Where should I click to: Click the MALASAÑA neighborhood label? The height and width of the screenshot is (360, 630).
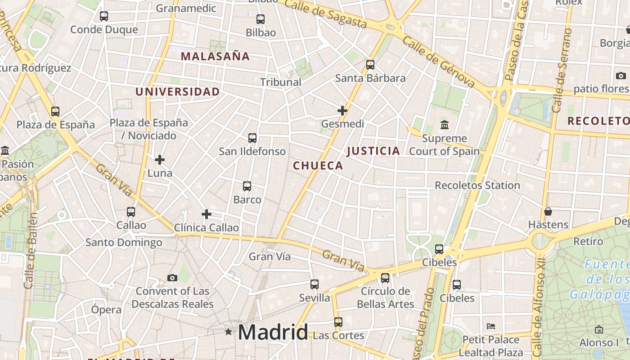pos(215,56)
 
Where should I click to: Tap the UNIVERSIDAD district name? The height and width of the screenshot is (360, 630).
pos(178,92)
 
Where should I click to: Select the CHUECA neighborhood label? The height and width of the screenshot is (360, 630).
pos(318,166)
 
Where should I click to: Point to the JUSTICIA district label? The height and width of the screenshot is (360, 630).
pos(373,151)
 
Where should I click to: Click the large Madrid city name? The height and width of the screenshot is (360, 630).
pos(273,332)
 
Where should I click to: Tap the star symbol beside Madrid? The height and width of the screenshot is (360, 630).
pos(229,332)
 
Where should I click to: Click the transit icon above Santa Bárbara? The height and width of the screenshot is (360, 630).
pos(370,65)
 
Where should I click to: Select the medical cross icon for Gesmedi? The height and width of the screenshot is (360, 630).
pos(342,110)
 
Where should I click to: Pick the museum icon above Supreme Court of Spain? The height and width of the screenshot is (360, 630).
pos(445,125)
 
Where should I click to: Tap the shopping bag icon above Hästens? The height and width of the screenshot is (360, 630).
pos(548,211)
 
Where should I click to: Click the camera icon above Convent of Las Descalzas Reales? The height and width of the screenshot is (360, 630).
pos(172,278)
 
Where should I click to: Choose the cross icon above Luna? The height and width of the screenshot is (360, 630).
pos(160,160)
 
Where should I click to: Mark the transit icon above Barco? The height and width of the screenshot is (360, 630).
pos(247,186)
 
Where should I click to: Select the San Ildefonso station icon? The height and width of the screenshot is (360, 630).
pos(252,138)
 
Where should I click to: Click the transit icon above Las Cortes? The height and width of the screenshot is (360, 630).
pos(338,322)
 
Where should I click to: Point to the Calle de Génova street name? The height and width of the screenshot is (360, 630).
pos(439,62)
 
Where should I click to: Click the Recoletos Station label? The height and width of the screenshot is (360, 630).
pos(477,185)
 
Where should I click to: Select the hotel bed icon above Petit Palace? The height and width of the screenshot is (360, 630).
pos(491,326)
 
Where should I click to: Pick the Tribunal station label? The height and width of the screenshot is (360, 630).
pos(281,82)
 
